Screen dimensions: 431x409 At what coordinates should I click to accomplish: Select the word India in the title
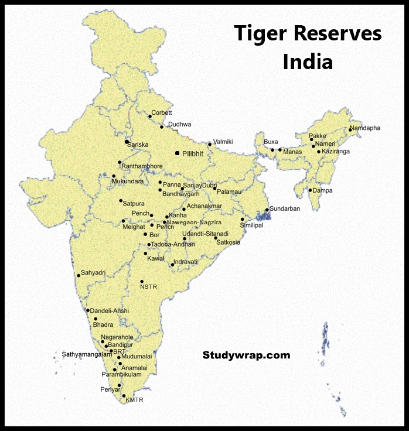coord(308,61)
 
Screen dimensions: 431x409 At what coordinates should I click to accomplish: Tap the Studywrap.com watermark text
coord(246,355)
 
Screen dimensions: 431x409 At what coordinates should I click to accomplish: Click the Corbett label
coord(162,112)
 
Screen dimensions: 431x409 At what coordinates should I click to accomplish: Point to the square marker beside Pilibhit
coord(177,153)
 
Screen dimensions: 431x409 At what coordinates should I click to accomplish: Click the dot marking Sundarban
coord(267,210)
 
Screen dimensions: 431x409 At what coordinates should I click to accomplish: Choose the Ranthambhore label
coord(142,166)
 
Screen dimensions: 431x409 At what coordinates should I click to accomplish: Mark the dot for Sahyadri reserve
coord(79,275)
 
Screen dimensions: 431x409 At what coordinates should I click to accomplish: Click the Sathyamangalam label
coord(87,354)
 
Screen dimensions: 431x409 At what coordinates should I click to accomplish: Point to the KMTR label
coord(134,400)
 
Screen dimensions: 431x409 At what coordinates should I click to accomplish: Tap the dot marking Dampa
coord(310,190)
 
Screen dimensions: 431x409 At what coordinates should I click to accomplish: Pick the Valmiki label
coord(223,142)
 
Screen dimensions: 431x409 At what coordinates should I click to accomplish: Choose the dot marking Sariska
coord(127,142)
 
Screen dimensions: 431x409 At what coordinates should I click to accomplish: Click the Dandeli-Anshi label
coord(110,310)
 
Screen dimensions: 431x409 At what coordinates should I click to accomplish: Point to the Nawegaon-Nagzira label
coord(195,223)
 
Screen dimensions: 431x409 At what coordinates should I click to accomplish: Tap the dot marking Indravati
coord(172,265)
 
